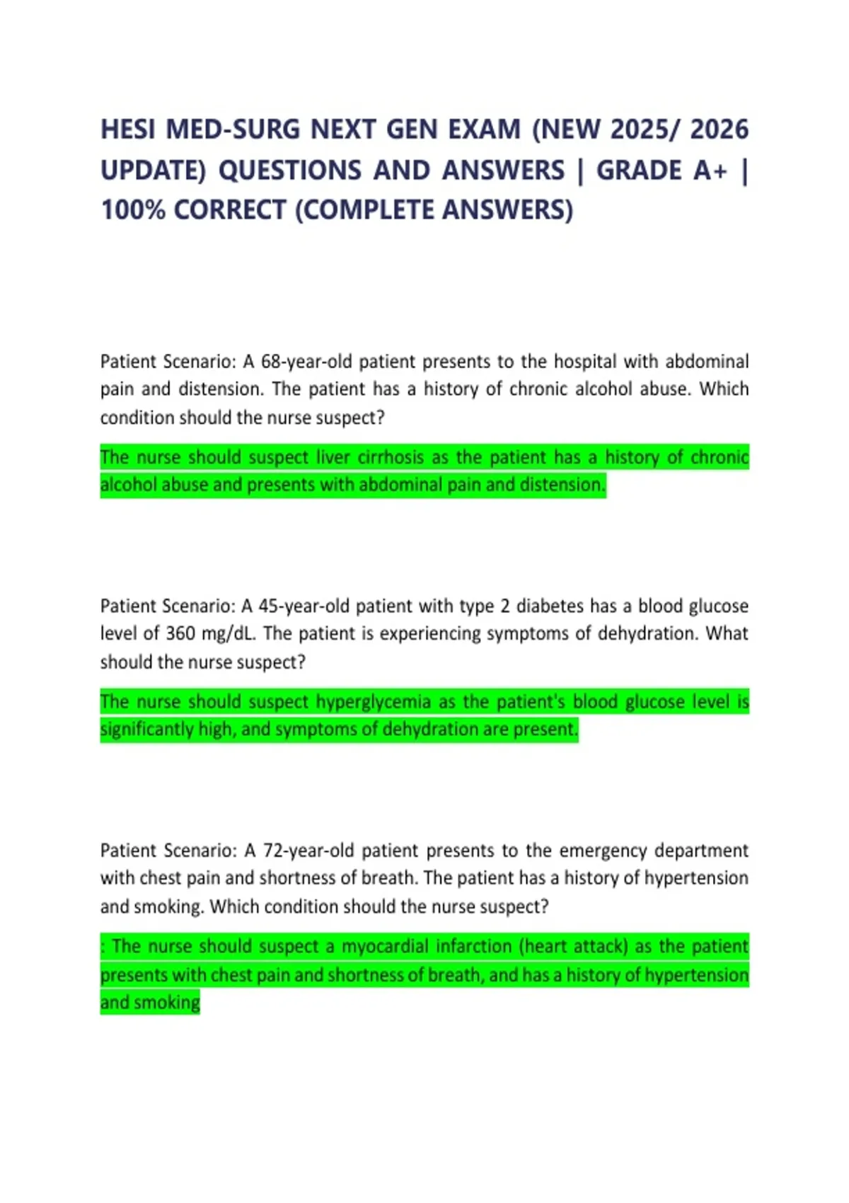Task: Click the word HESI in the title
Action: pos(125,129)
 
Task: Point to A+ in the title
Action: pos(710,171)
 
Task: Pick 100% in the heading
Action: pos(133,210)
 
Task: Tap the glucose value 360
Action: pos(180,633)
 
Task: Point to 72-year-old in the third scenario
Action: pos(308,850)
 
